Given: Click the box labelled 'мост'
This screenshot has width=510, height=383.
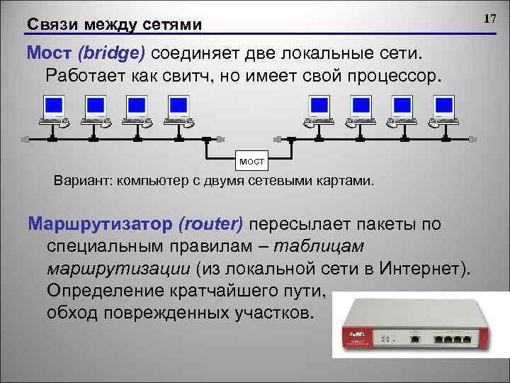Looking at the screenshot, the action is click(251, 162).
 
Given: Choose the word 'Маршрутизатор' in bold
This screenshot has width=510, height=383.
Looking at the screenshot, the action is click(98, 224).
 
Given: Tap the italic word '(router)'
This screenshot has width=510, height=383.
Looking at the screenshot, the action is click(212, 224).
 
